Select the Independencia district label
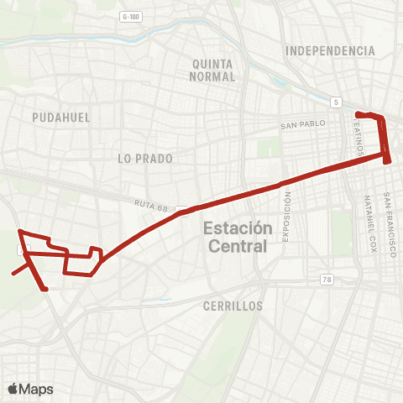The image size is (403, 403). [329, 51]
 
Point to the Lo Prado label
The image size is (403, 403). [145, 158]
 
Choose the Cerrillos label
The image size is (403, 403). [233, 306]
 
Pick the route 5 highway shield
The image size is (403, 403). [336, 102]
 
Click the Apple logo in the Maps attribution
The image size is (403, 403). [13, 389]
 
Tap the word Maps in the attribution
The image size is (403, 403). [36, 389]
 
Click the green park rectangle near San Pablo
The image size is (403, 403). [268, 148]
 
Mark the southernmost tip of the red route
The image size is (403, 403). [44, 290]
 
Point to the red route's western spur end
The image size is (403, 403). [13, 274]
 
